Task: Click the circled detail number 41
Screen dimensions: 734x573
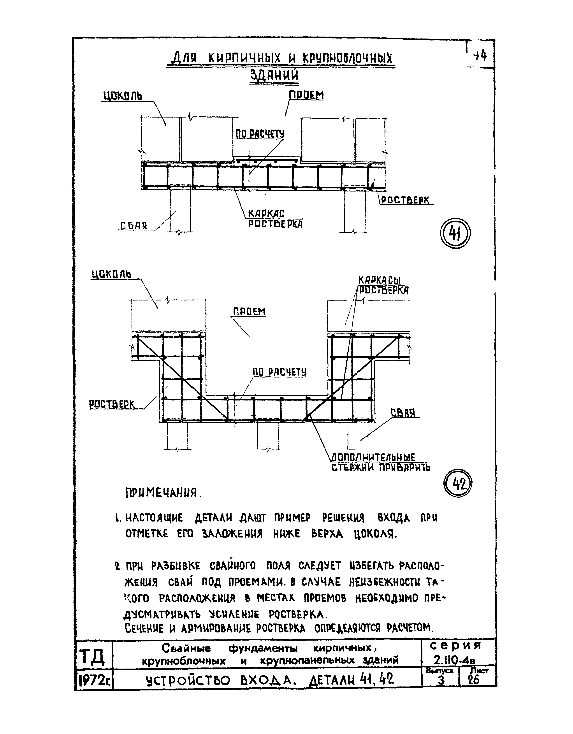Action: tap(455, 233)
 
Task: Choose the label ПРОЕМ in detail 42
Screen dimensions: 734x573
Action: tap(249, 312)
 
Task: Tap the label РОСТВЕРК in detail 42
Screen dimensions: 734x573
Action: tap(112, 404)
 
